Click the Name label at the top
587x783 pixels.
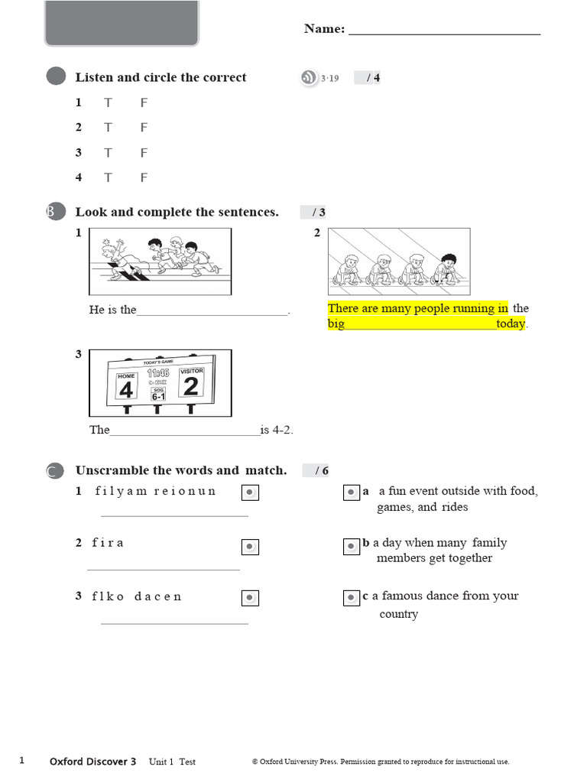(324, 29)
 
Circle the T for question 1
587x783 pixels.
(109, 102)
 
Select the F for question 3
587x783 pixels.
(144, 153)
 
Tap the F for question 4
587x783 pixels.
(144, 177)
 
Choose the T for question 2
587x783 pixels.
(109, 128)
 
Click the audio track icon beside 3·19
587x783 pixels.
(309, 77)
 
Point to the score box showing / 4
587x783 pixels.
(368, 77)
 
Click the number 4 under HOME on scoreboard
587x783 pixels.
(126, 390)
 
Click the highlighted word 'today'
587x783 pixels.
(511, 324)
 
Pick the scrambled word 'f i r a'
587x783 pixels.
(108, 543)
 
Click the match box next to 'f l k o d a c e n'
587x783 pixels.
(250, 598)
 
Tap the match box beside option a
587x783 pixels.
(351, 493)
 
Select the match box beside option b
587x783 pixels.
(351, 546)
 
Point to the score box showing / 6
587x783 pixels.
(316, 470)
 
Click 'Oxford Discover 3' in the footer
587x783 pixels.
(92, 762)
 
